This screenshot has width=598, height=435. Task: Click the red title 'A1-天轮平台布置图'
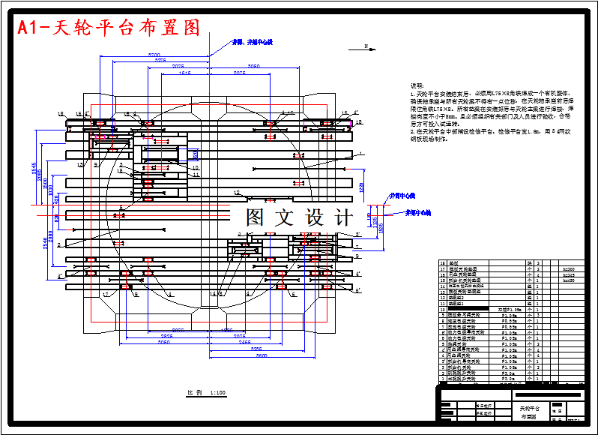[x=109, y=28]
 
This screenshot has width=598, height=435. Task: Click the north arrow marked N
[x=366, y=47]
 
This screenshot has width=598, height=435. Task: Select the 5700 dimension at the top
[x=154, y=55]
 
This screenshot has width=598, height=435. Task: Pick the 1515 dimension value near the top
[x=185, y=73]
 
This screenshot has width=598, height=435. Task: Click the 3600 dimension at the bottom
[x=262, y=355]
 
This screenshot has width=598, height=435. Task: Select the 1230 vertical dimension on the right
[x=361, y=185]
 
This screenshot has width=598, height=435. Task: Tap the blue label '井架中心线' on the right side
[x=418, y=213]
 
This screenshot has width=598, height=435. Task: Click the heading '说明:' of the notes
[x=417, y=86]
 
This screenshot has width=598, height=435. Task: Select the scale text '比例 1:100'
[x=207, y=392]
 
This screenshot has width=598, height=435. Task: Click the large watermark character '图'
[x=257, y=217]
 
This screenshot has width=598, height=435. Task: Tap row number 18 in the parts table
[x=442, y=263]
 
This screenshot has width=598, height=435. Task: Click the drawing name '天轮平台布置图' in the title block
[x=530, y=412]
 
